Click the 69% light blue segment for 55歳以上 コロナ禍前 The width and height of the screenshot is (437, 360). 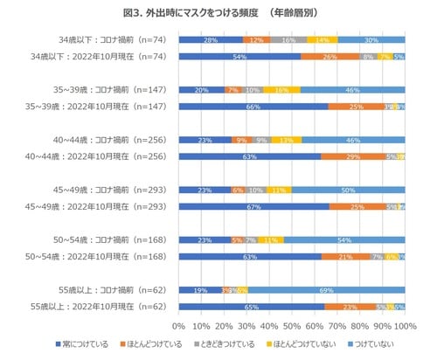(x=327, y=290)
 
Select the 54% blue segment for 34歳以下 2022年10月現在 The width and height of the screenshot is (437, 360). (x=239, y=57)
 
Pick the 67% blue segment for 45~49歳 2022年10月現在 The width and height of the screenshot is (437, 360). (x=254, y=206)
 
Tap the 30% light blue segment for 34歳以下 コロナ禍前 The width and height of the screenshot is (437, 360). (x=371, y=40)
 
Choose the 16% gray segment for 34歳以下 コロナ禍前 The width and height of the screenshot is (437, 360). (x=288, y=40)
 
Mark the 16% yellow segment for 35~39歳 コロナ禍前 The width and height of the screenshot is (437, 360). (x=282, y=90)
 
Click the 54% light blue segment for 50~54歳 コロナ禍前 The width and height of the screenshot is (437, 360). (x=344, y=239)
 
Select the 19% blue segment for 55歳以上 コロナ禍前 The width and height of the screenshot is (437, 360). (x=200, y=290)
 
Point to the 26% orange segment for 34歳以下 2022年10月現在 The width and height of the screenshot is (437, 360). (x=330, y=57)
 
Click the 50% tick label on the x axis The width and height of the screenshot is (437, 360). (x=292, y=324)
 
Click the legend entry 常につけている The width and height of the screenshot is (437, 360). (x=82, y=343)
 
